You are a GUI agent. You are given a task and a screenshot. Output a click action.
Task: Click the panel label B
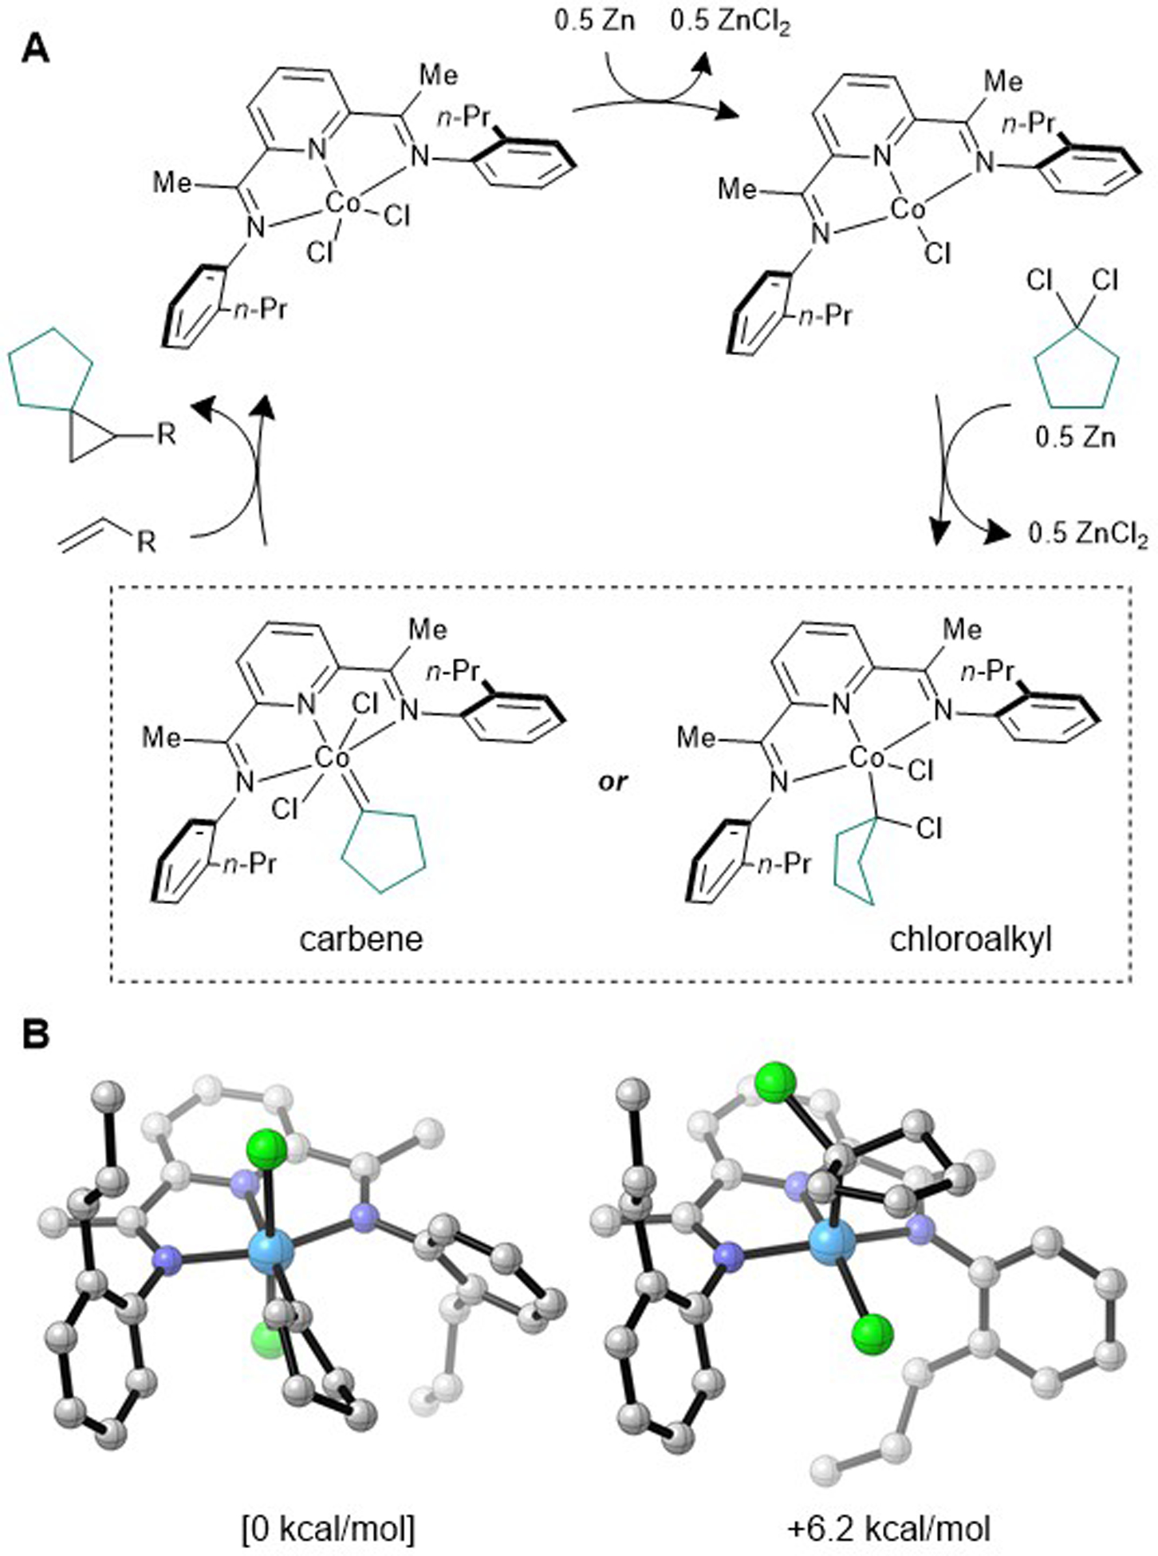[35, 1036]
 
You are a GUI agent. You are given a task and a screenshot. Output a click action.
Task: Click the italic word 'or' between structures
[613, 781]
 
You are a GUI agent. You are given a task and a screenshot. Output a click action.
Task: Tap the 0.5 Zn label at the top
[595, 21]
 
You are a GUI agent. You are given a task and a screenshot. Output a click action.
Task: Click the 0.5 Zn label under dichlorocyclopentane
[1075, 436]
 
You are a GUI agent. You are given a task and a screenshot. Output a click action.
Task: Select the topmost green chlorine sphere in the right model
[775, 1083]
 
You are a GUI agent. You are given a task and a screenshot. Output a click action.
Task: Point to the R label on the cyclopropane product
[166, 436]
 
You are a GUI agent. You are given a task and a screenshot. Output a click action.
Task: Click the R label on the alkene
[147, 543]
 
